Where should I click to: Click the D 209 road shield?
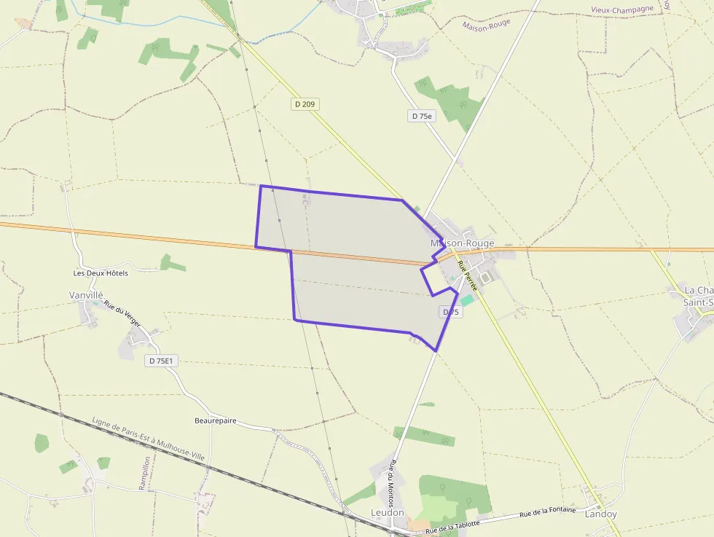pos(305,104)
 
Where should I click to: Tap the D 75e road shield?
pos(421,116)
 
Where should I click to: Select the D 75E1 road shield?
pos(162,361)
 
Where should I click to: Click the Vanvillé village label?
pos(86,294)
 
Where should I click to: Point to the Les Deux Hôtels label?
pos(101,273)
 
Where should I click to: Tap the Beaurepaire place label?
pos(215,421)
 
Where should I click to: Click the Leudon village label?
pos(387,513)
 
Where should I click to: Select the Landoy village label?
pos(600,514)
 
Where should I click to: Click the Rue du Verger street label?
pos(122,313)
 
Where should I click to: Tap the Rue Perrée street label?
pos(467,277)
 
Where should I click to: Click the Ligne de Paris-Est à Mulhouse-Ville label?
pos(149,439)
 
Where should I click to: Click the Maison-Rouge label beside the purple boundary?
pos(462,243)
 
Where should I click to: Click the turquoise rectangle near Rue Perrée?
pos(466,300)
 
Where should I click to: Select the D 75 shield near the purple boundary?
pos(450,312)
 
